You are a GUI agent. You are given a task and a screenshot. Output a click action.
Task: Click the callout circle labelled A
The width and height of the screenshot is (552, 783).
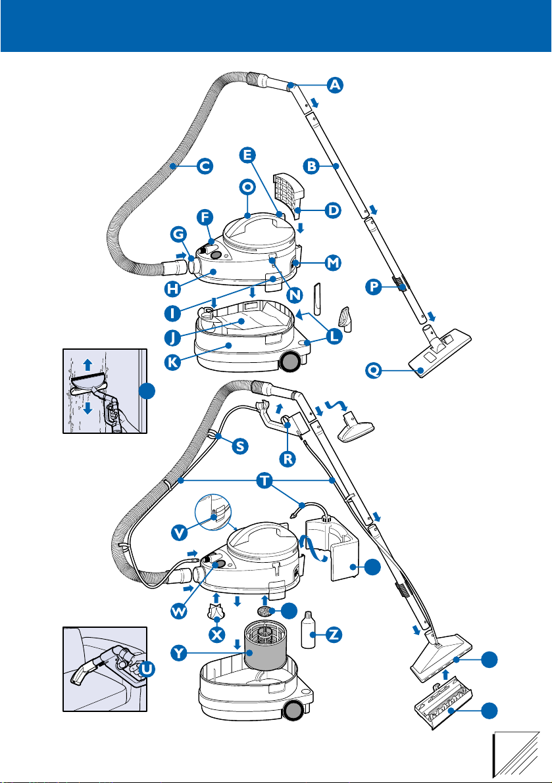[x=335, y=84]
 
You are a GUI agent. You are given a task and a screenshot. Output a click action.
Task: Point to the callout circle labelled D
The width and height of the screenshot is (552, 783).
[x=333, y=210]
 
